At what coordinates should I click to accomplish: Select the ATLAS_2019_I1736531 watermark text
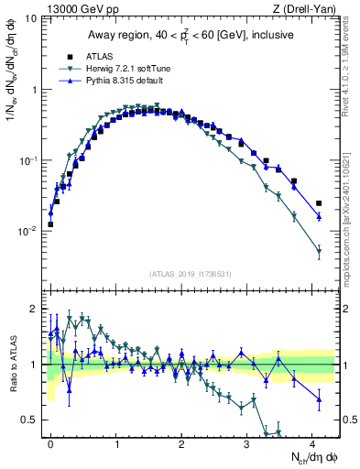click(191, 274)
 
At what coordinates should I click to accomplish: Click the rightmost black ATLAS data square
click(319, 203)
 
